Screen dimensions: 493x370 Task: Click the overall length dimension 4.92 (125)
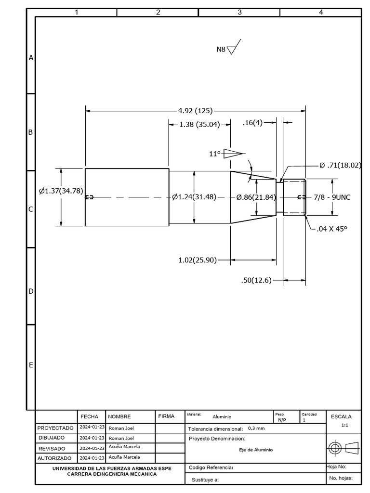(x=195, y=111)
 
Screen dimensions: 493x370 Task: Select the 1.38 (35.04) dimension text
(x=199, y=124)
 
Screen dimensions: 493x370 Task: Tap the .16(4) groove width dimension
(x=252, y=123)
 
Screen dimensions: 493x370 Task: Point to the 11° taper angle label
(x=214, y=154)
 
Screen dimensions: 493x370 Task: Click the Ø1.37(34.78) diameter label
(x=61, y=191)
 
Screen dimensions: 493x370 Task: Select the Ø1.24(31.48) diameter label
(x=194, y=197)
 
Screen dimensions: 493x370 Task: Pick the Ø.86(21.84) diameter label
(x=256, y=197)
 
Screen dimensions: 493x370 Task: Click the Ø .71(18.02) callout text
(x=340, y=165)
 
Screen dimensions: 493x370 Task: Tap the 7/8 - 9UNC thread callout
(x=332, y=197)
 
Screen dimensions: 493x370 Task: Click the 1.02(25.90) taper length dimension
(x=198, y=260)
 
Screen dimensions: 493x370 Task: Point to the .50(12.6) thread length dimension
(x=256, y=280)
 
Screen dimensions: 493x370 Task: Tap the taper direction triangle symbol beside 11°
(x=232, y=153)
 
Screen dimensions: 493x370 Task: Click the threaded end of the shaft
(x=294, y=197)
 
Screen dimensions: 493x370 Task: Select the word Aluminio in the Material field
(x=222, y=417)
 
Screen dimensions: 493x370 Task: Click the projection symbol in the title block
(x=344, y=448)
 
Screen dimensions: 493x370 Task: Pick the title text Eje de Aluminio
(x=256, y=450)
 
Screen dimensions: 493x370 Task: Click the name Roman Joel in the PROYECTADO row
(x=121, y=428)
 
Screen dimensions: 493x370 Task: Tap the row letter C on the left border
(x=30, y=209)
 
